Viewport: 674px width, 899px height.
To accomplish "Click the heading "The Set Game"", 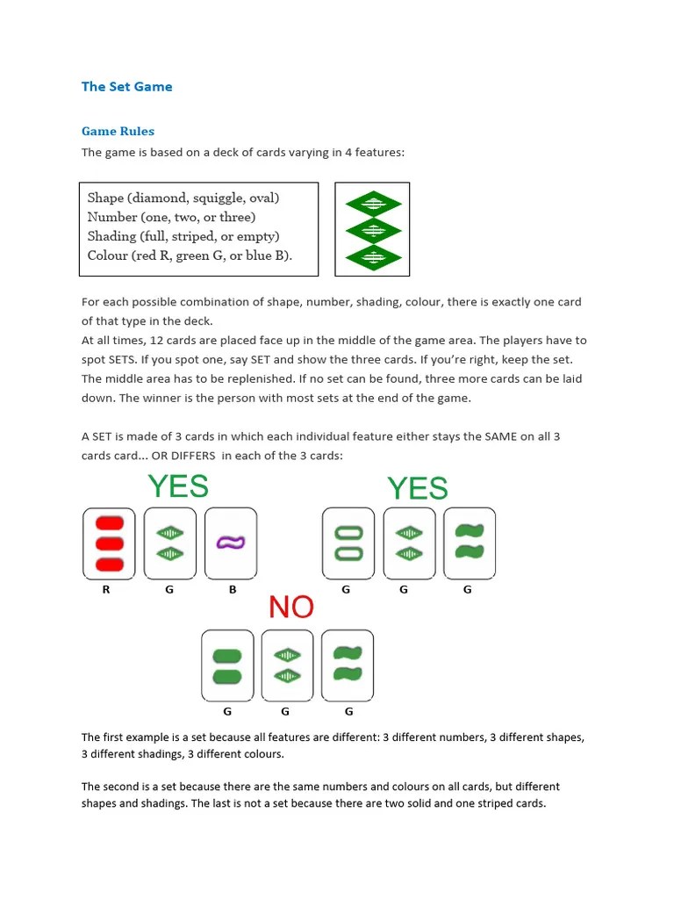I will [x=126, y=86].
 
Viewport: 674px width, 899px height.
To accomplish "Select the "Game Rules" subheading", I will [x=118, y=131].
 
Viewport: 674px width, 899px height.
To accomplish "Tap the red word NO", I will [x=290, y=607].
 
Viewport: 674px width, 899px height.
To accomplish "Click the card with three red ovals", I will [x=109, y=543].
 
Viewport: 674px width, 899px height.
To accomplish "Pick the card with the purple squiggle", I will [x=231, y=543].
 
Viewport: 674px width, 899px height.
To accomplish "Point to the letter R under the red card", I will [x=106, y=590].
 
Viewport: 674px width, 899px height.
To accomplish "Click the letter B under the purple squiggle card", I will [x=233, y=590].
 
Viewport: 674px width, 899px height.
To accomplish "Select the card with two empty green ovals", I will [x=348, y=543].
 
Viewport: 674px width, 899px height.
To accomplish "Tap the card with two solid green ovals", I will [x=227, y=665].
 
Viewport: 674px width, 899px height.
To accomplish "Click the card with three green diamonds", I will [x=373, y=229].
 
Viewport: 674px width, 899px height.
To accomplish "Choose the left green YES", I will [x=178, y=485].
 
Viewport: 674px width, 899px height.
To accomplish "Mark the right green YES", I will [x=418, y=488].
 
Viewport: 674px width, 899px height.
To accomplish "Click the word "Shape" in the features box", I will [x=106, y=198].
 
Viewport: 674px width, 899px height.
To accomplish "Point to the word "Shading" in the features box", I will [x=111, y=236].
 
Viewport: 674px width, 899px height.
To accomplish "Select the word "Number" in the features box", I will [x=112, y=217].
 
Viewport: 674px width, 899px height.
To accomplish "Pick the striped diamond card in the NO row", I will [x=287, y=665].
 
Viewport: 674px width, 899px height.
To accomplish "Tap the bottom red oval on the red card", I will [x=109, y=563].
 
